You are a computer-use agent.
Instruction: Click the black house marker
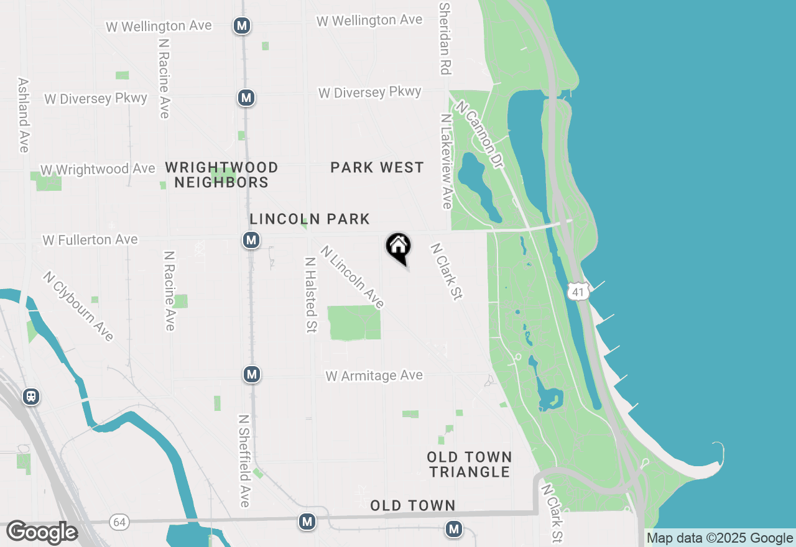399,247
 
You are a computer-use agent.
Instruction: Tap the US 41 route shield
578,292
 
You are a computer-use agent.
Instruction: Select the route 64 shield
119,522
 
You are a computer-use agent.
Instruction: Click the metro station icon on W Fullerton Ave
251,240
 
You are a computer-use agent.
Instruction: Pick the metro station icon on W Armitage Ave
252,374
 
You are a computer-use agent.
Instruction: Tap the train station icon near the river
30,396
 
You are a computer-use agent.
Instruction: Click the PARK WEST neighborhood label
377,167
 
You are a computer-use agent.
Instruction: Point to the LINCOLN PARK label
310,219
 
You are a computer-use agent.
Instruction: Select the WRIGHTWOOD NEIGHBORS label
221,175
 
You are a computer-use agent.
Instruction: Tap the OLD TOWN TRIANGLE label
470,464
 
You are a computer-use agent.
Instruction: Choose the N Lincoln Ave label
353,277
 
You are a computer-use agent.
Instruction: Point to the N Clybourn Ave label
78,306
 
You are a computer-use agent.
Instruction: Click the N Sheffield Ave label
244,460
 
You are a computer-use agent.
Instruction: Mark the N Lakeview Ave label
446,161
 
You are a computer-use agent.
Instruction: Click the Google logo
42,533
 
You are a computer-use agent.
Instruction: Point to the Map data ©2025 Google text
720,538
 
